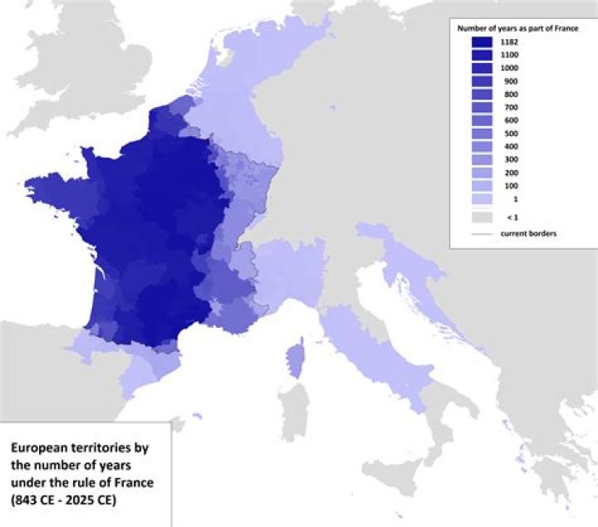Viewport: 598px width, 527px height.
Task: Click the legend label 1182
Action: pyautogui.click(x=509, y=41)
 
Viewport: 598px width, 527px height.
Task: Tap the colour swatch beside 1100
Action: pyautogui.click(x=483, y=54)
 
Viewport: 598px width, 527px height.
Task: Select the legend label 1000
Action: pyautogui.click(x=509, y=67)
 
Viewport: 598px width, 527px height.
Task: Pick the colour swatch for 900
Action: pyautogui.click(x=483, y=81)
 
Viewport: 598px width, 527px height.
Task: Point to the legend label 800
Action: pyautogui.click(x=509, y=94)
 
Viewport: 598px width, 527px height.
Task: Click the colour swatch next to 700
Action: pyautogui.click(x=483, y=107)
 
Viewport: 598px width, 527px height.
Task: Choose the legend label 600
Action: pyautogui.click(x=509, y=120)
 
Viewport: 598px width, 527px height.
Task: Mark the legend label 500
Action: pyautogui.click(x=509, y=134)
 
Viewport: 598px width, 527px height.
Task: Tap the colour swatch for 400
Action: pyautogui.click(x=483, y=147)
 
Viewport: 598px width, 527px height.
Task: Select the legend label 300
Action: pyautogui.click(x=509, y=160)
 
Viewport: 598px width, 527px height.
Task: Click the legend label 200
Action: pyautogui.click(x=509, y=173)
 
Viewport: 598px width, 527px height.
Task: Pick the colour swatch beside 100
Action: pyautogui.click(x=483, y=187)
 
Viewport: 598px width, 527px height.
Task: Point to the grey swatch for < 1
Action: pyautogui.click(x=483, y=217)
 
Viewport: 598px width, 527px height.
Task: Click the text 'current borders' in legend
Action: pyautogui.click(x=528, y=233)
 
